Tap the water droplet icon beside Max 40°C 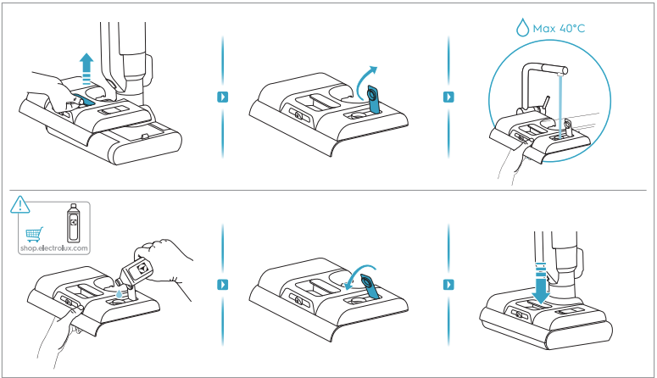(x=522, y=28)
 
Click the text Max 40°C (x=559, y=29)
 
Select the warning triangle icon (x=19, y=204)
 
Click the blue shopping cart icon (x=35, y=234)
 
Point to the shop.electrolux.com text (x=54, y=248)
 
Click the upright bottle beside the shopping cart (x=73, y=223)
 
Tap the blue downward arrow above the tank (x=541, y=283)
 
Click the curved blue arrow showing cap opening (x=364, y=80)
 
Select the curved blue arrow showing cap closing (x=360, y=272)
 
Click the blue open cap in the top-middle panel (x=374, y=99)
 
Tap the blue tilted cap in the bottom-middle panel (x=370, y=286)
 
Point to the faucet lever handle (x=546, y=103)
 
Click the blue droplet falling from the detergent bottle (x=120, y=294)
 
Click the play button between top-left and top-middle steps (x=222, y=97)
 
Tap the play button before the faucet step (x=448, y=97)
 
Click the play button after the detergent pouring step (x=222, y=285)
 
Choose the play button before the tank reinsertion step (x=448, y=285)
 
